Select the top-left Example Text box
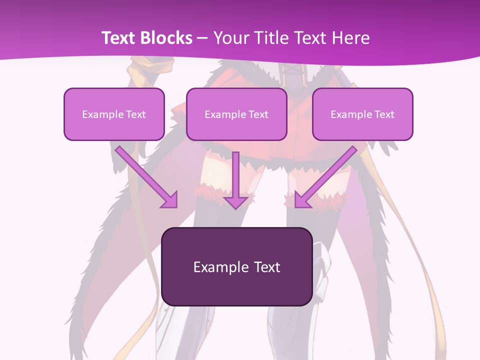tap(114, 114)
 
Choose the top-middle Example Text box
tap(236, 114)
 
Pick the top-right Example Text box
tap(362, 114)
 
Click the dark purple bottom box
tap(236, 266)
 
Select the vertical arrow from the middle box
tap(235, 177)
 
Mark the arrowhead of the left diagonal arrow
tap(170, 200)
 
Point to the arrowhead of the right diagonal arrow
tap(302, 200)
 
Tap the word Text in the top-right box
tap(384, 114)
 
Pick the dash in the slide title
tap(202, 38)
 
